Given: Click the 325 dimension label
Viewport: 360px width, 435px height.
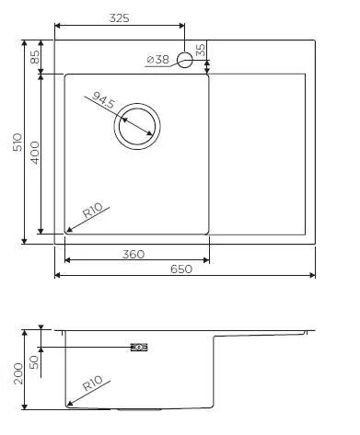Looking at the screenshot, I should tap(119, 17).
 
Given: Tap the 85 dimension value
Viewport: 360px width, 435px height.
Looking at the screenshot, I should tap(36, 56).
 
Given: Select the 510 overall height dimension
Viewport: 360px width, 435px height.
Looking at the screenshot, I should tap(16, 143).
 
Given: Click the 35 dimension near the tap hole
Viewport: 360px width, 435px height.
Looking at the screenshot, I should tap(201, 50).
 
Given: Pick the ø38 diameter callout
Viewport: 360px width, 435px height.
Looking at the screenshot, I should tap(157, 60).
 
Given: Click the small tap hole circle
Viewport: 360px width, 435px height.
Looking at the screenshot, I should tap(184, 60).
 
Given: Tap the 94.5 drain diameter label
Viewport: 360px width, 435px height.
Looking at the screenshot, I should tap(103, 100).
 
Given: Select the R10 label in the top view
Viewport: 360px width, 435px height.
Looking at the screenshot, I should tap(92, 212).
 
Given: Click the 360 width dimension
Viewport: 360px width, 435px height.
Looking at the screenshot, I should tap(134, 254).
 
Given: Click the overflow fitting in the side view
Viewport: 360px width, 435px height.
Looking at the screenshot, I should tap(139, 347).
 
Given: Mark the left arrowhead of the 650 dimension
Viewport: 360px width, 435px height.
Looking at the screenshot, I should tap(59, 275).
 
